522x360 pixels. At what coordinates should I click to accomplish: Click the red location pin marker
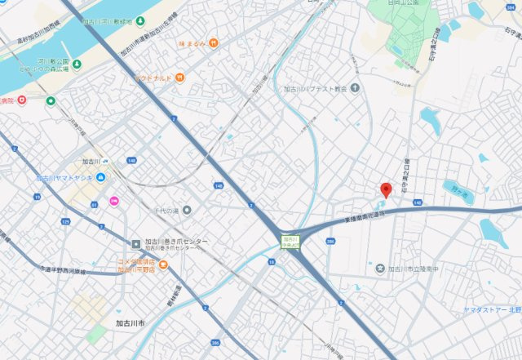[387, 189]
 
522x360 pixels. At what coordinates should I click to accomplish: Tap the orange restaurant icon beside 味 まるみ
[213, 42]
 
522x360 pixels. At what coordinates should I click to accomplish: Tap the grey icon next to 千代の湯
[187, 211]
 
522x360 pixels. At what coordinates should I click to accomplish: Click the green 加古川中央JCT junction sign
[288, 241]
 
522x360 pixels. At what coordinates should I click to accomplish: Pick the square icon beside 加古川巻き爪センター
[136, 242]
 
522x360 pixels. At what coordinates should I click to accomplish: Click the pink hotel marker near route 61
[114, 201]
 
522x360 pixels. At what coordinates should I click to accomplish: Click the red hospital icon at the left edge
[21, 100]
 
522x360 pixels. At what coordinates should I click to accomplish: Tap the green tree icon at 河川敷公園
[51, 101]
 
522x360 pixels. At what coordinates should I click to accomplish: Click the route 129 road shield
[66, 221]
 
